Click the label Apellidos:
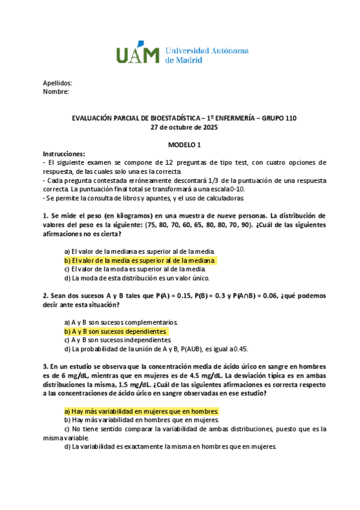point(58,82)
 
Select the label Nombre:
point(56,92)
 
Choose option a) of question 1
point(139,251)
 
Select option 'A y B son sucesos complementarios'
point(121,322)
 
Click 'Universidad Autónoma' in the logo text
point(206,51)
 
